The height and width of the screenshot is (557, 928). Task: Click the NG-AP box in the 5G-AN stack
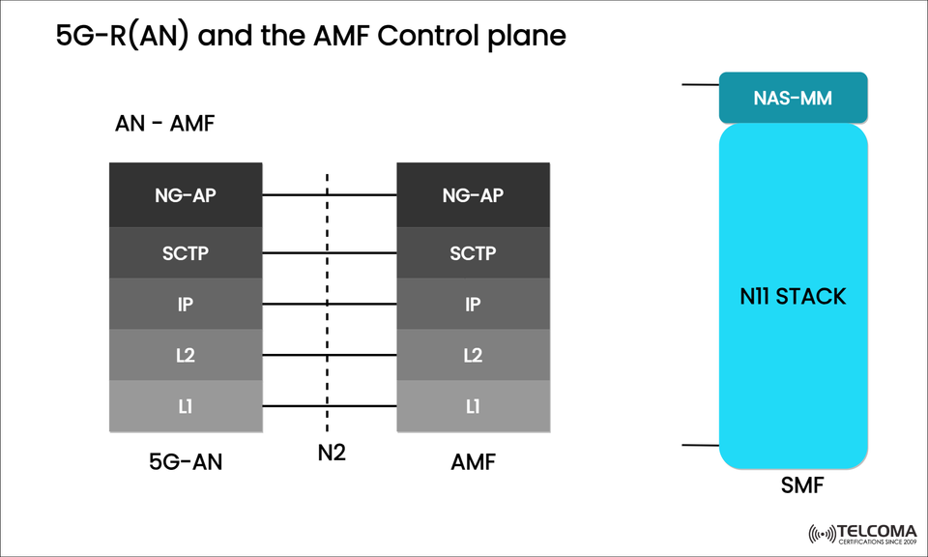[x=186, y=195]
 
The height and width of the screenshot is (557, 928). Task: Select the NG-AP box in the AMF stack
[x=473, y=195]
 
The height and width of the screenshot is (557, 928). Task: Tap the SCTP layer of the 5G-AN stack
[x=186, y=253]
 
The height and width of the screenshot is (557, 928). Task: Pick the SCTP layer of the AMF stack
[x=473, y=253]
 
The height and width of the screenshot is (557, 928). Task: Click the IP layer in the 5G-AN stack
[x=186, y=304]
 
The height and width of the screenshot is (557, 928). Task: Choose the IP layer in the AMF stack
[x=473, y=304]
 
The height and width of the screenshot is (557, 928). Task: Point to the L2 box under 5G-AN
[x=186, y=355]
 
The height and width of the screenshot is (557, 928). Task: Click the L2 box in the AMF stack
[x=473, y=355]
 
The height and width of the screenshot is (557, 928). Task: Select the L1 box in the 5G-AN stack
[x=186, y=406]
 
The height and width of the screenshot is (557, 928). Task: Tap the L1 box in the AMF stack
[x=473, y=406]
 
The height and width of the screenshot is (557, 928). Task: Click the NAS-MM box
[x=793, y=98]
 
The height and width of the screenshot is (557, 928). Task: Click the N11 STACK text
[x=793, y=296]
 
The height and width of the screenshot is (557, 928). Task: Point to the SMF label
[x=801, y=486]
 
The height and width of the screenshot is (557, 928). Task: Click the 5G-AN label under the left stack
[x=186, y=462]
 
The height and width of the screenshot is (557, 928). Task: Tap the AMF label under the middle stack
[x=473, y=462]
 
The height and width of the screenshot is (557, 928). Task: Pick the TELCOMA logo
[x=859, y=533]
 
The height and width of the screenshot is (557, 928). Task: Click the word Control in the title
[x=425, y=37]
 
